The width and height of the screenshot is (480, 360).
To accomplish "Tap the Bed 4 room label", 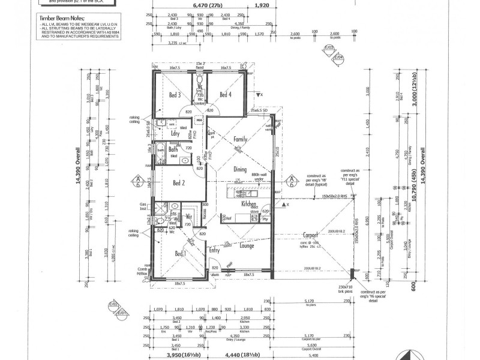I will (225, 95).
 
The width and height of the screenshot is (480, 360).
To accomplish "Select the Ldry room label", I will (176, 134).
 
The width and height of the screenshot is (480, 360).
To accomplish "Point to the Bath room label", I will (174, 149).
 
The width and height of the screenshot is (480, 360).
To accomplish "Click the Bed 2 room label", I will (179, 183).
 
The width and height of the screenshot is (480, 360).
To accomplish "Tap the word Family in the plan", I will (240, 139).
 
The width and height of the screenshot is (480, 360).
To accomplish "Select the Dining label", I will (239, 170).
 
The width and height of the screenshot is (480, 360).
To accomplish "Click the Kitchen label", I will (248, 205).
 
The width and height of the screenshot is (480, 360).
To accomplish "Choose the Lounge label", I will (247, 245).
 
